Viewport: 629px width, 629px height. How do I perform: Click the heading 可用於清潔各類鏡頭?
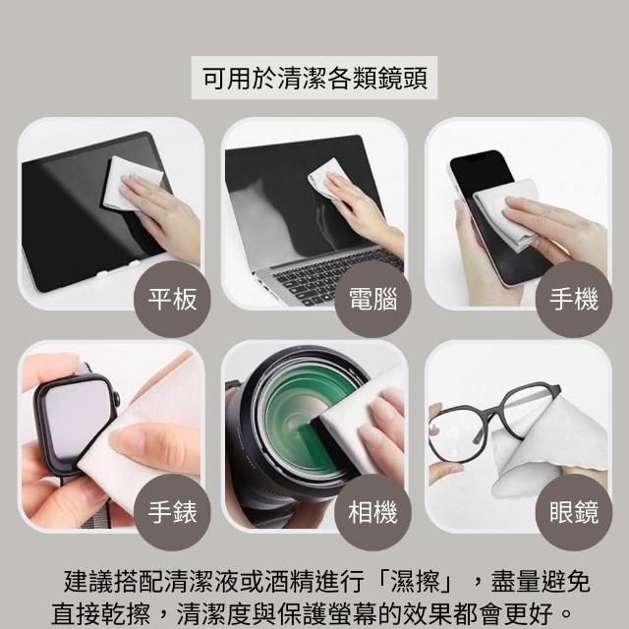(314, 78)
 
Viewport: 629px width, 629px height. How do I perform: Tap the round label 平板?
(172, 299)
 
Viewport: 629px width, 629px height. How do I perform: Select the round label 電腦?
(373, 299)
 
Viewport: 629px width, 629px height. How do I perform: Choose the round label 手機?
(574, 299)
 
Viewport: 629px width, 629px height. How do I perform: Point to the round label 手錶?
(172, 512)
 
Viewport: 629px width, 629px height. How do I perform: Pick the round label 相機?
(373, 512)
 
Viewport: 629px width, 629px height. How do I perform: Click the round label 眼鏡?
(574, 512)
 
